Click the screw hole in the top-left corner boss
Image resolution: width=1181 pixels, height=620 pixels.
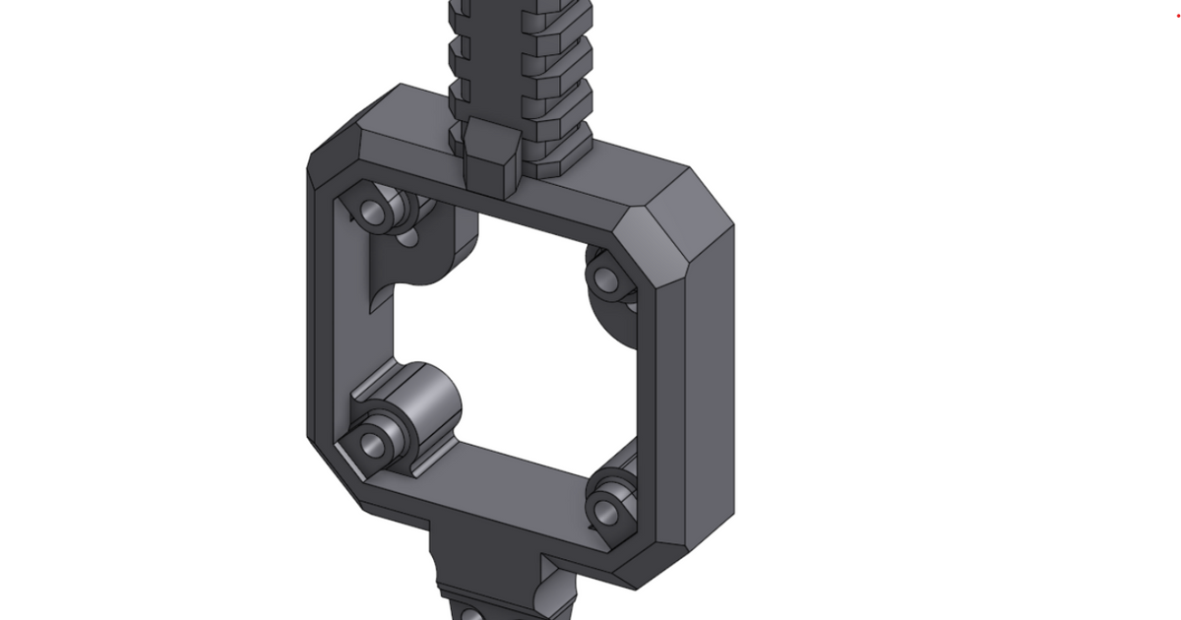point(373,211)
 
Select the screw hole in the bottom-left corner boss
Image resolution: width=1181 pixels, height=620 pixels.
point(373,446)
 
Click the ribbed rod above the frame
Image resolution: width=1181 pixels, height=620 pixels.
point(520,59)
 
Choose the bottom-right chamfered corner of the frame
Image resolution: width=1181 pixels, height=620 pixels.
point(679,561)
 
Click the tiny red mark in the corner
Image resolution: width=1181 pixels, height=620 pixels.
point(1177,15)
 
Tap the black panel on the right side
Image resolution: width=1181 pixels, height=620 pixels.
point(1122,315)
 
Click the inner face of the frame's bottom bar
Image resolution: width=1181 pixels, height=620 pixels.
point(512,472)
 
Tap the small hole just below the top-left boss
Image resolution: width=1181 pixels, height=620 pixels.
point(408,237)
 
